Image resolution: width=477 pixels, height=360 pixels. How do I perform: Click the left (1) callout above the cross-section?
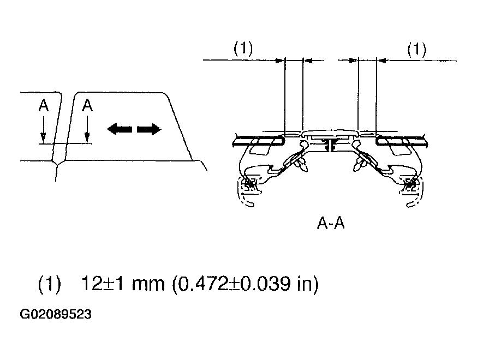point(243,49)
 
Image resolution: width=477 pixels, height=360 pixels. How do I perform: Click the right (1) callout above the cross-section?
point(417,50)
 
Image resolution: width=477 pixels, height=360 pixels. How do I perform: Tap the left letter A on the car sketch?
point(44,105)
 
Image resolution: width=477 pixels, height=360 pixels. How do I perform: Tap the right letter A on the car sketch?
point(87,105)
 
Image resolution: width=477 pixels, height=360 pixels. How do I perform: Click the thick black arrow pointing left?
point(120,129)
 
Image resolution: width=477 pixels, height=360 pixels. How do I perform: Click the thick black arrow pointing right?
point(149,129)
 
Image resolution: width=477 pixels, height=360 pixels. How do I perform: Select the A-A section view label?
point(331,224)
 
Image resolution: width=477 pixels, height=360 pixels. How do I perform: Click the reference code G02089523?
point(55,314)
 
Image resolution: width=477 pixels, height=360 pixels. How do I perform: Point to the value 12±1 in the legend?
point(103,284)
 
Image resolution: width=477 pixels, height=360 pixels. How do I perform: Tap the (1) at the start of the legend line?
point(50,284)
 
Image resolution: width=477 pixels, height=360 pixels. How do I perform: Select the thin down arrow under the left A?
point(44,130)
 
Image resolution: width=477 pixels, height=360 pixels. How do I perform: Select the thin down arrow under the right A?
point(87,130)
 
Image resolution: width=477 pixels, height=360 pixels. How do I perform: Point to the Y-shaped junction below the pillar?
point(58,163)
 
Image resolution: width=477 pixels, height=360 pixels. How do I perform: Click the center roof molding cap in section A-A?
point(330,134)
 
